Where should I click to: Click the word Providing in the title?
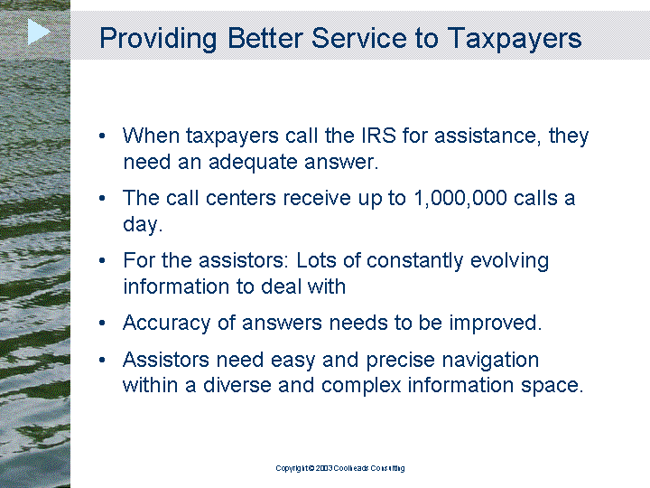pos(158,39)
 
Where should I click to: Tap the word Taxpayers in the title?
pos(514,39)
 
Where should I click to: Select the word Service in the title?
pos(359,38)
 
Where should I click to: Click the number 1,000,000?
pos(460,198)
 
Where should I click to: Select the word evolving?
pos(509,261)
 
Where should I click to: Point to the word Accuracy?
pos(167,324)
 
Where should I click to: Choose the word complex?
pos(361,386)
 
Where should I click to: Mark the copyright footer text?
pos(340,468)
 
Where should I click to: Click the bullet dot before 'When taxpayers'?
pos(102,136)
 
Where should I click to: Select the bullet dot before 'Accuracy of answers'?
pos(102,323)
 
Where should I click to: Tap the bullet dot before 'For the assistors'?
pos(102,260)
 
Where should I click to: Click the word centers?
pos(240,198)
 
